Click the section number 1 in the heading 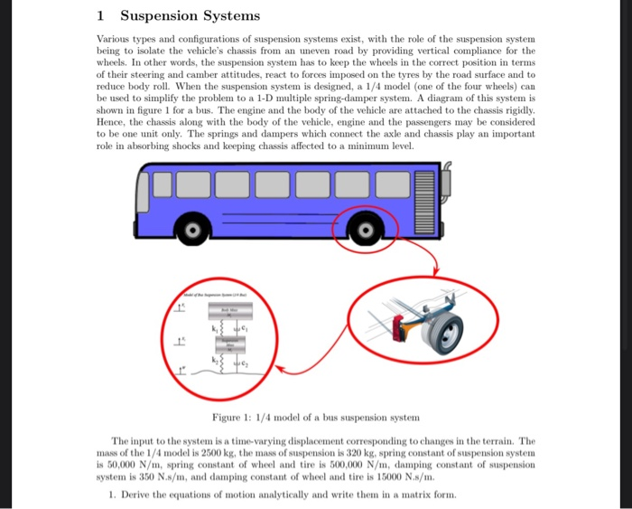[x=99, y=16]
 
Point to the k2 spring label [x=216, y=362]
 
